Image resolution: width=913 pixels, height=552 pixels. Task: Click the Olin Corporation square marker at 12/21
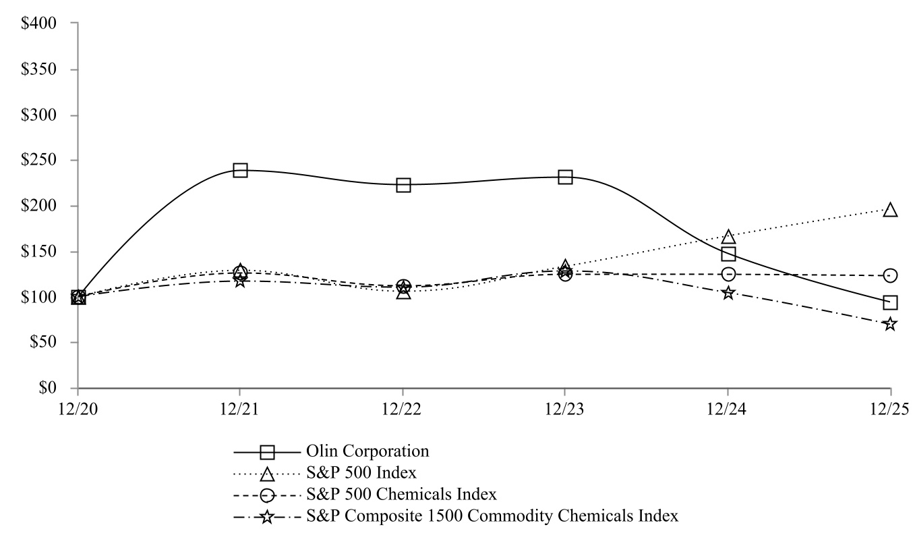[x=240, y=170]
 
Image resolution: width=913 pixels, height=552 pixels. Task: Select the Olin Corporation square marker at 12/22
[x=403, y=185]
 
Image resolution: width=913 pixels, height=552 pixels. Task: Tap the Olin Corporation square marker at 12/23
[x=565, y=177]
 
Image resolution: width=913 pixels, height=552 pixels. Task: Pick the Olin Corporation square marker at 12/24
[x=728, y=254]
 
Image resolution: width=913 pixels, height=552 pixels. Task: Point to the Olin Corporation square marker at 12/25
[x=890, y=302]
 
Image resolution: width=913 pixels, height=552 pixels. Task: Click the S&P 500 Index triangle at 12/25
[x=890, y=210]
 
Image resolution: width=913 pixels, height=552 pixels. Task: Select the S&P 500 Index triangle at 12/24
[x=728, y=237]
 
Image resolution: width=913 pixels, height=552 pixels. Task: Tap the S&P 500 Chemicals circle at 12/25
[x=890, y=275]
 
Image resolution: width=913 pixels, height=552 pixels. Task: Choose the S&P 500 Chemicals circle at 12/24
[x=728, y=274]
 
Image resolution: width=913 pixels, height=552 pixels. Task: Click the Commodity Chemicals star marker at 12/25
[x=890, y=324]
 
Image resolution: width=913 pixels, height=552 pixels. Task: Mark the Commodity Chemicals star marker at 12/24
[x=728, y=293]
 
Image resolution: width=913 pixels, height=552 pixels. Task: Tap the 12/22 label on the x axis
[x=403, y=409]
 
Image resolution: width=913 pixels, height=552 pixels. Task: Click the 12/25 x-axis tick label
[x=890, y=409]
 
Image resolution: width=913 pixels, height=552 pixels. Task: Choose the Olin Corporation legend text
[x=367, y=449]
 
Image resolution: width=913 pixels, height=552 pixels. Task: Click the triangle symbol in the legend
[x=268, y=472]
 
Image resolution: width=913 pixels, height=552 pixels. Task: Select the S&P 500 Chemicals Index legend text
[x=401, y=494]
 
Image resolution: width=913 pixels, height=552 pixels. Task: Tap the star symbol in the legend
[x=268, y=517]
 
